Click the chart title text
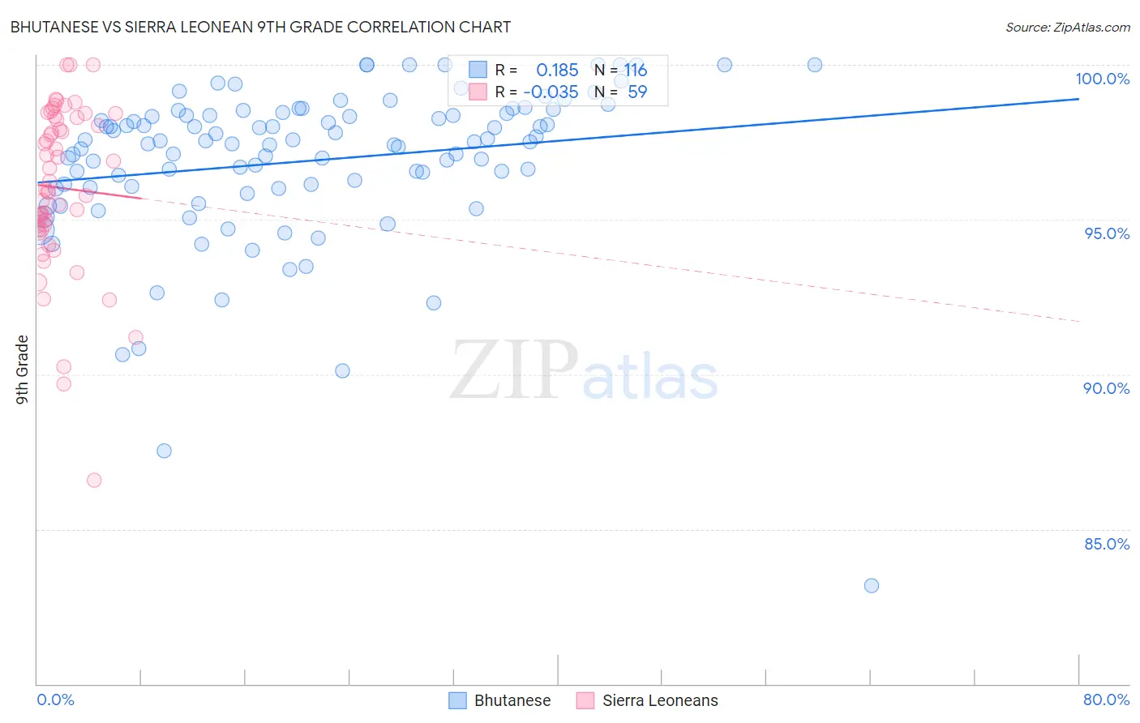coord(260,27)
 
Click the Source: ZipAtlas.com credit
coord(1067,27)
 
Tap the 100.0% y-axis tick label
coord(1102,79)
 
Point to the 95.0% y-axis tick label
coord(1106,233)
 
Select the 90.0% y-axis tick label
coord(1106,388)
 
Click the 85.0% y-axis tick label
coord(1106,544)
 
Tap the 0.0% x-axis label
coord(55,699)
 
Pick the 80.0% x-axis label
coord(1106,699)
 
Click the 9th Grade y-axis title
coord(22,369)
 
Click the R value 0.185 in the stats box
coord(557,71)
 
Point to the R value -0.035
coord(551,92)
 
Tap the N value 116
coord(636,71)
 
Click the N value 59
coord(637,92)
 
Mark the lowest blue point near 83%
coord(872,585)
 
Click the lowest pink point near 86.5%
coord(94,480)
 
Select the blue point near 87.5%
coord(164,451)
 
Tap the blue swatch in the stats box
coord(478,71)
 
